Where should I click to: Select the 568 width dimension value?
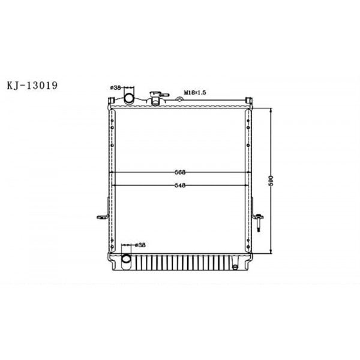tap(179, 172)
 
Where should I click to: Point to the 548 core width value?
tap(179, 185)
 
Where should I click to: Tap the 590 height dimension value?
tap(272, 179)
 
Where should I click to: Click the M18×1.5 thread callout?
tap(195, 92)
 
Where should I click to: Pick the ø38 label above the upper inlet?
tap(116, 88)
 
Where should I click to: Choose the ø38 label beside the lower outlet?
tap(139, 245)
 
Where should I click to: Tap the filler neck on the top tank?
tap(157, 96)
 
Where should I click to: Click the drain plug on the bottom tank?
tap(236, 265)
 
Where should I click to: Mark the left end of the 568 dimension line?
tap(109, 172)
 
